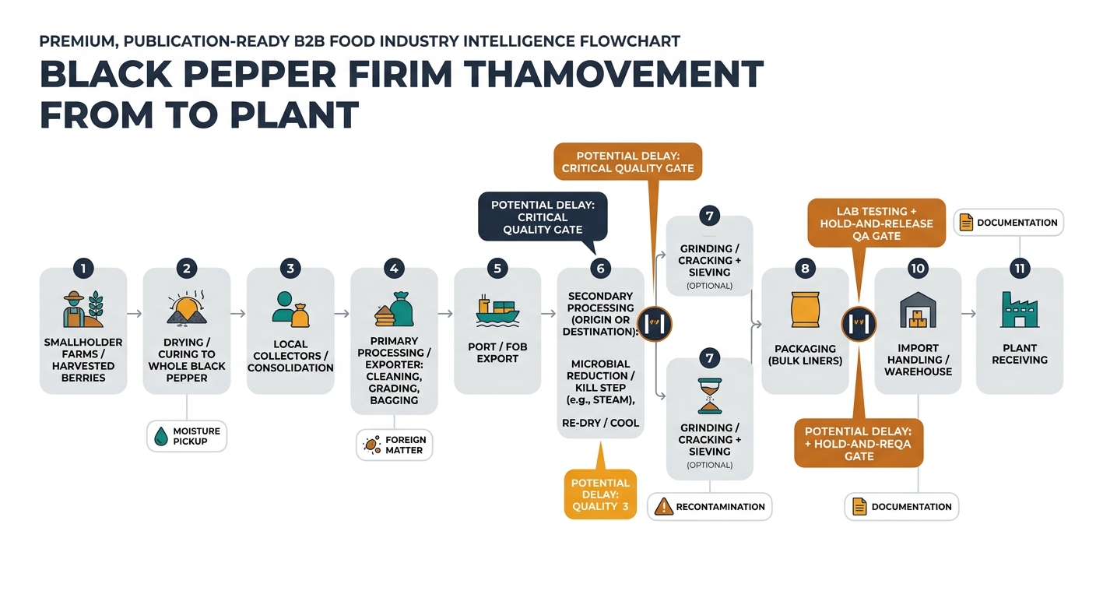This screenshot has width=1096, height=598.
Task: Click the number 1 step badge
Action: click(83, 268)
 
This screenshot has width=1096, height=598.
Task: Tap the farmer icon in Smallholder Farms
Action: click(74, 309)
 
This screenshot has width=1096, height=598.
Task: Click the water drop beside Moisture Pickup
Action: click(161, 436)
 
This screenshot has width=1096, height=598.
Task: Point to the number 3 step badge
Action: click(290, 268)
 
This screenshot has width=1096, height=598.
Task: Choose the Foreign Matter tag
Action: click(395, 445)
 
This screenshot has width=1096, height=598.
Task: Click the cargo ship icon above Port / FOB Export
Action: click(497, 311)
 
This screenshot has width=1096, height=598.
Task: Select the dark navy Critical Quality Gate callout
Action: click(543, 216)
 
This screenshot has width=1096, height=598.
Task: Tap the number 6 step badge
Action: click(600, 268)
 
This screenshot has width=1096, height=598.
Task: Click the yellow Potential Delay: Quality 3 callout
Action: click(600, 494)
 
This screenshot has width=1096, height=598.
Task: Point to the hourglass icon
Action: click(709, 396)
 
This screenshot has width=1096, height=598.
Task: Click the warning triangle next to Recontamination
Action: click(663, 506)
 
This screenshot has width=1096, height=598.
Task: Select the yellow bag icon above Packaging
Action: click(805, 310)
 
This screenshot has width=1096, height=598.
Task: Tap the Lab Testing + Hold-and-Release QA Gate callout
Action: click(876, 223)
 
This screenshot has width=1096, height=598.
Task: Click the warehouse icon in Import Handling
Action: click(918, 310)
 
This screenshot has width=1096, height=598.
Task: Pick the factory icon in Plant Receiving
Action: click(1020, 310)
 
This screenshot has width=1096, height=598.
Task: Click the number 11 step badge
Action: click(1020, 268)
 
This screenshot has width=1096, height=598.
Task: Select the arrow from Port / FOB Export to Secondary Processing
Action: click(549, 313)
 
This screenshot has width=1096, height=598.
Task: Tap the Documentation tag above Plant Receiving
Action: click(1008, 223)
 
